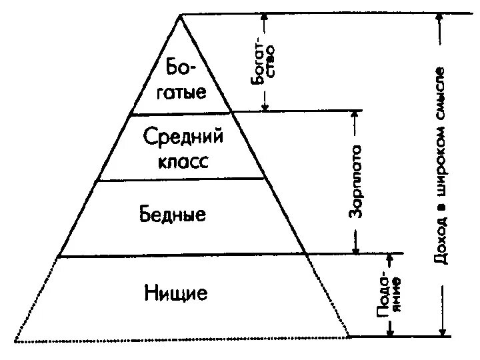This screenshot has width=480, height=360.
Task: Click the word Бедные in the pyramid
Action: point(173,215)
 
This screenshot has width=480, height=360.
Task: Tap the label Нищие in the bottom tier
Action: point(175,292)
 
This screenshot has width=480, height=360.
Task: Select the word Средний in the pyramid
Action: point(183,139)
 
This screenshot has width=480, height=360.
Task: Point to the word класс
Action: point(184,161)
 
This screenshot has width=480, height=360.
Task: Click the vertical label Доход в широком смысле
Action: point(441,163)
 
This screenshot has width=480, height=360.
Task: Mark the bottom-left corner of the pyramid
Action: point(15,341)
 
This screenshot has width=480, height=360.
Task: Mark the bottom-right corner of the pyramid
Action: point(349,337)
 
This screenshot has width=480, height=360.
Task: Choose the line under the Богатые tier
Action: point(181,114)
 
